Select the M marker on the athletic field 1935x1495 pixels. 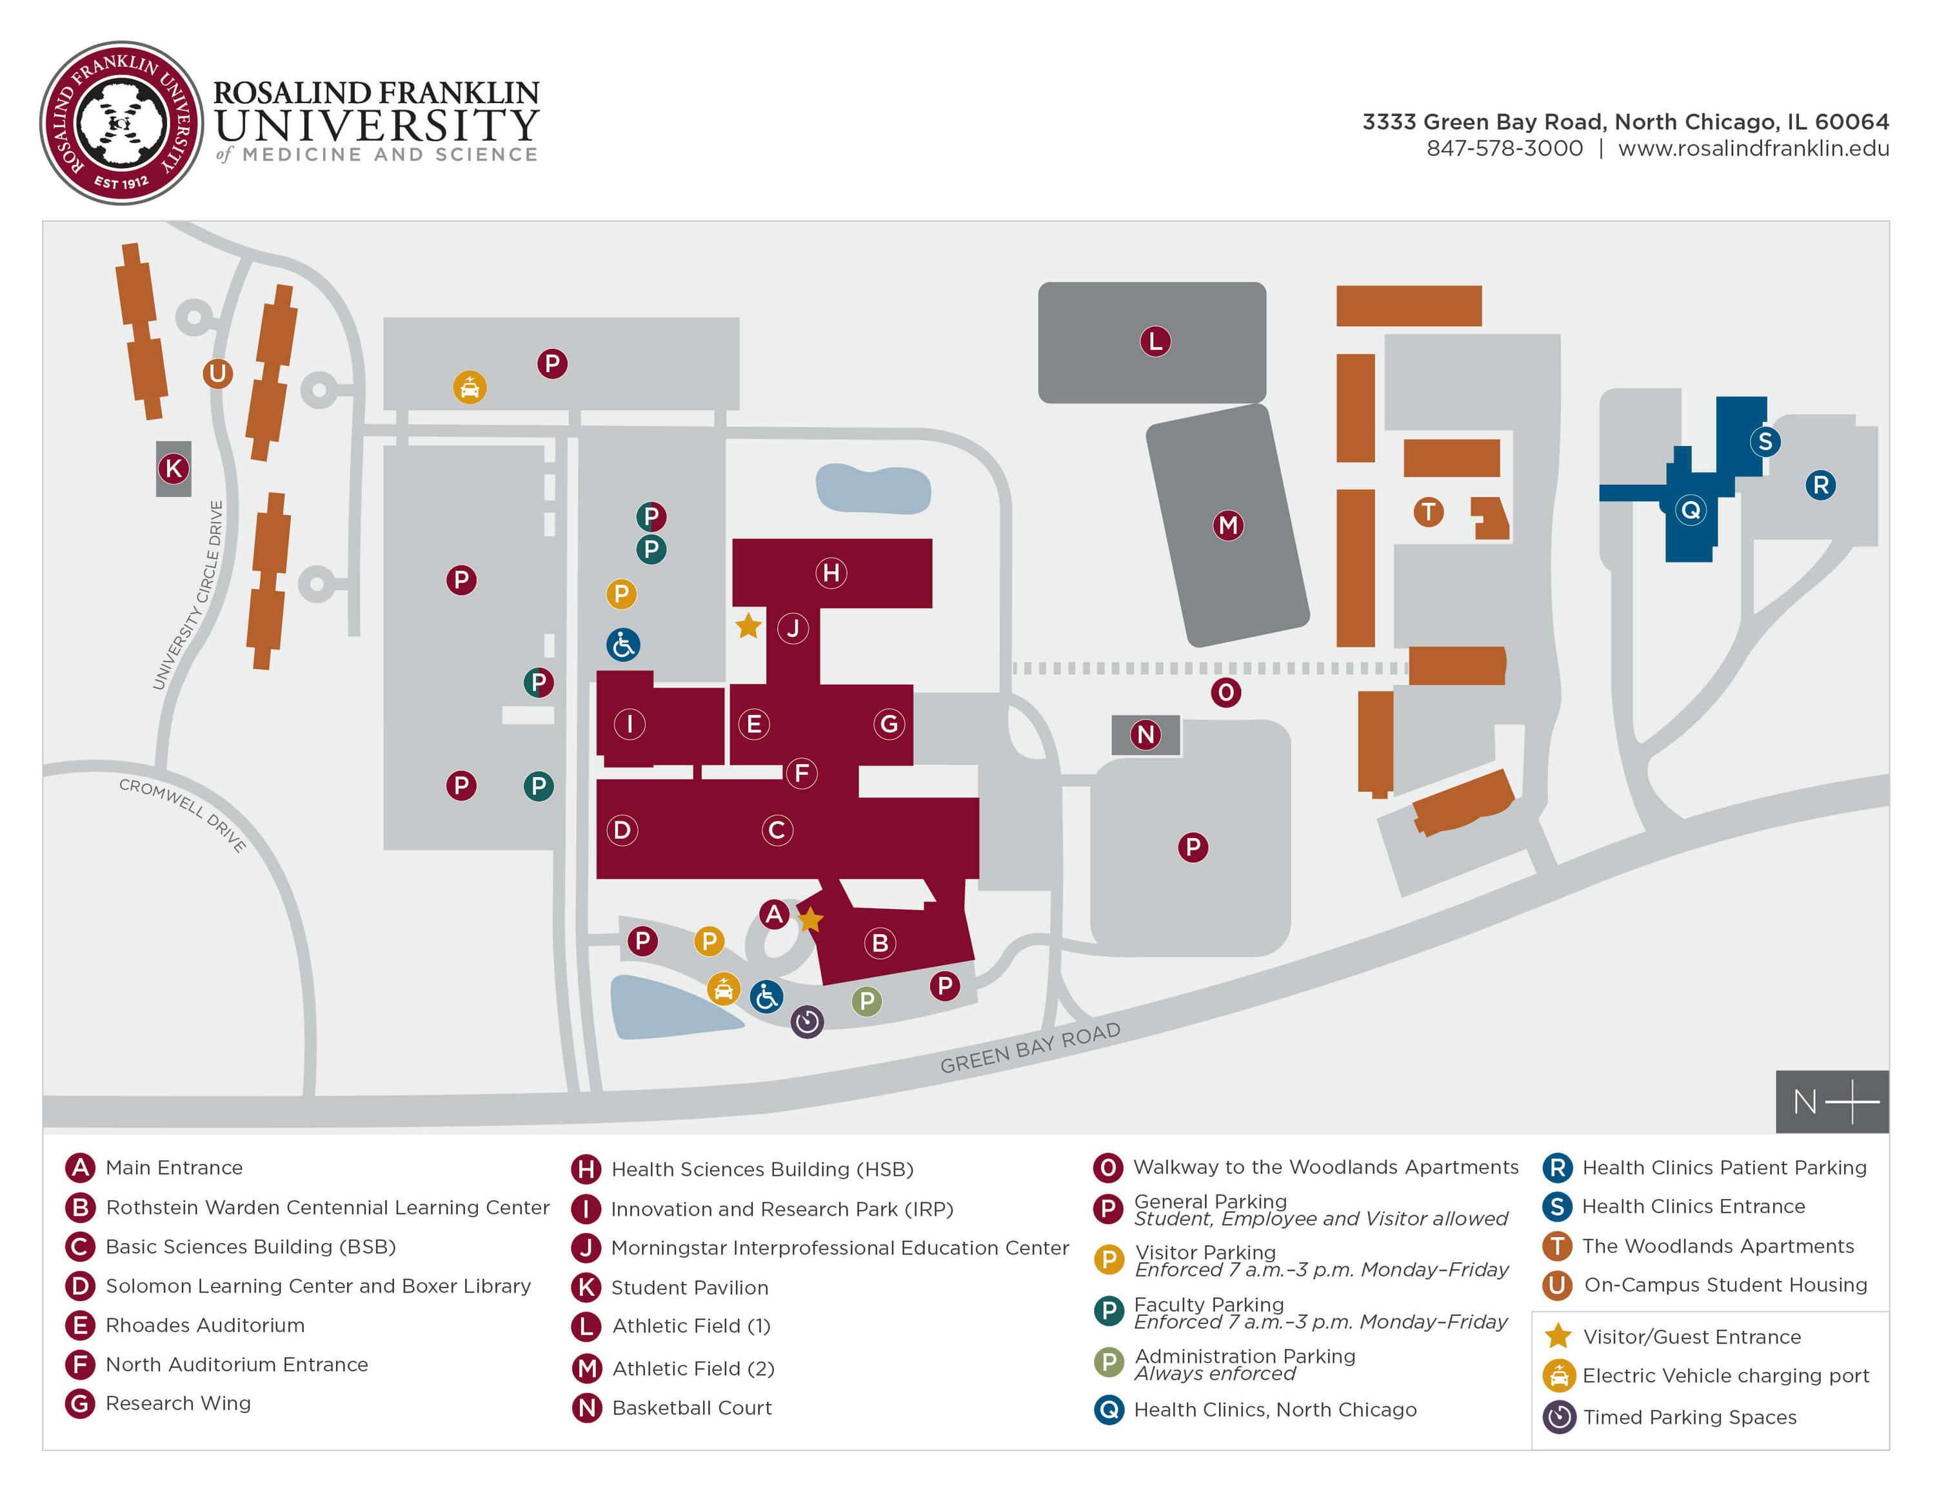click(x=1227, y=525)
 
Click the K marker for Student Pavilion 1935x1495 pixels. click(x=174, y=469)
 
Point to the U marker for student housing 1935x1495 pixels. click(x=217, y=374)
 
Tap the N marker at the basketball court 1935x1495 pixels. click(x=1145, y=734)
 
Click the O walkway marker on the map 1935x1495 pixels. click(x=1225, y=692)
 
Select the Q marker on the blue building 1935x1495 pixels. click(x=1690, y=510)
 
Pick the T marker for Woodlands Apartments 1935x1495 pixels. click(x=1427, y=511)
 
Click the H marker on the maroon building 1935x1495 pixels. click(x=830, y=573)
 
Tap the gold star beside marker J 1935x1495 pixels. click(x=748, y=626)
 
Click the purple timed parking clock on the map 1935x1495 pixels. click(x=806, y=1021)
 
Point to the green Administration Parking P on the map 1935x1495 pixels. click(x=866, y=1002)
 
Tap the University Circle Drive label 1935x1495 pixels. click(x=188, y=595)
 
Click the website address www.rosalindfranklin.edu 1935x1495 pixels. click(x=1752, y=149)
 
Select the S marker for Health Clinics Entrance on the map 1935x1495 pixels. click(x=1764, y=441)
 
